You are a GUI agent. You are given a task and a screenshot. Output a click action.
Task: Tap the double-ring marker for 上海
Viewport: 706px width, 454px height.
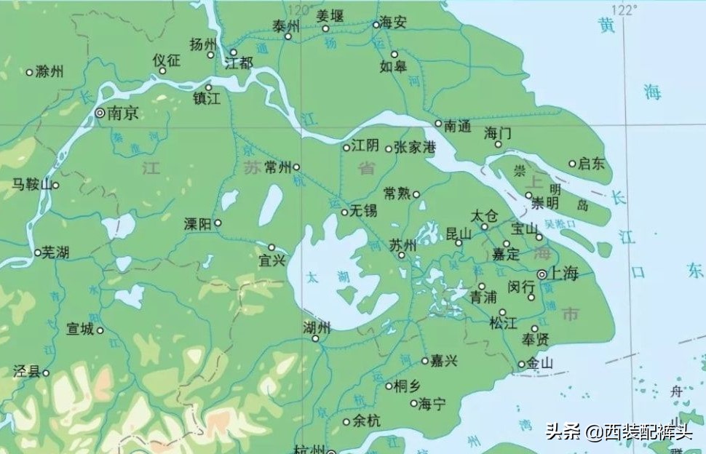pos(542,274)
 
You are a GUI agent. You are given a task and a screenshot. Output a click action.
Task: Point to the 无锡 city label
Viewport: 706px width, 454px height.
pos(363,212)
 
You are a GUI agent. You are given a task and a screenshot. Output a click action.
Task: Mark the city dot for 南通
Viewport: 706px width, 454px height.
pos(438,124)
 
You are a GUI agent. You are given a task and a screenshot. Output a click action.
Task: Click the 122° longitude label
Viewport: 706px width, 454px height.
pos(623,10)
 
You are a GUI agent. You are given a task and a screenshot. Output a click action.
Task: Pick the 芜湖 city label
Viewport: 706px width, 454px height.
pos(55,252)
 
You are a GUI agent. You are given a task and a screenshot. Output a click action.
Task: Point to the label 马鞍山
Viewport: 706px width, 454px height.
pos(31,185)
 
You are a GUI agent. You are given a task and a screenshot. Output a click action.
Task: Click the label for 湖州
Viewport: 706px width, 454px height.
pos(316,327)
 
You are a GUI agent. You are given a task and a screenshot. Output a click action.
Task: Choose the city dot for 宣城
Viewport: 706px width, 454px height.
pos(100,330)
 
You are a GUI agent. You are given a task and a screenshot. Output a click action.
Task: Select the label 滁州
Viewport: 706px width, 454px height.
pos(49,71)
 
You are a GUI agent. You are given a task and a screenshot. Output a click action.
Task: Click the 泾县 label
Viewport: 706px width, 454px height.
pos(26,372)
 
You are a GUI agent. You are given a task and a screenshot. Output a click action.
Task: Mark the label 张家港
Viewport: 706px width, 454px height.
pos(414,148)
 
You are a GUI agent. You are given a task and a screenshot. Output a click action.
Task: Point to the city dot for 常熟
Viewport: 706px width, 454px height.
pos(416,194)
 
